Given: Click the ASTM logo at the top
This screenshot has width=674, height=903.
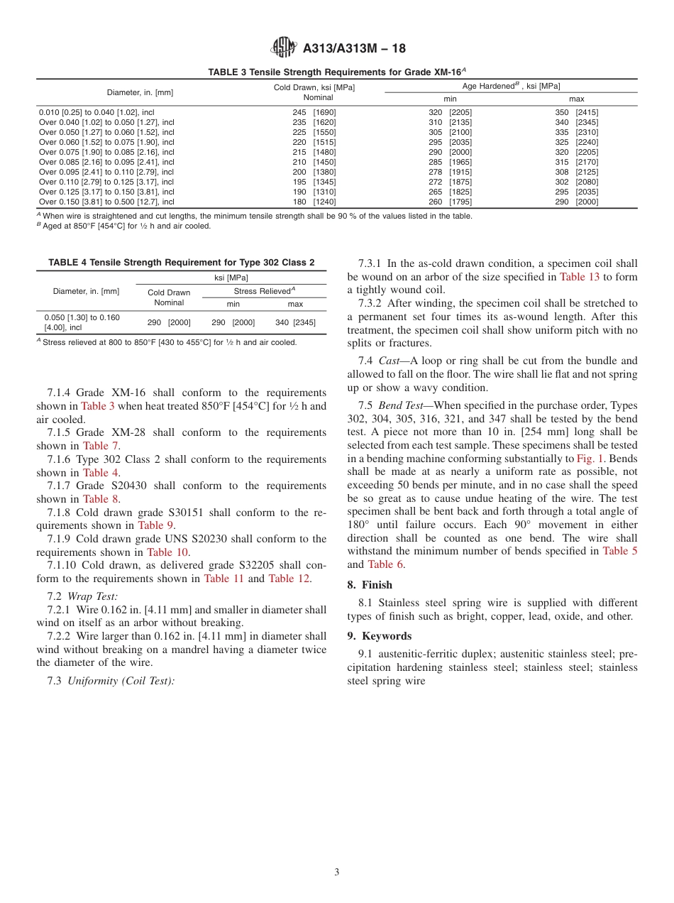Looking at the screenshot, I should [x=284, y=48].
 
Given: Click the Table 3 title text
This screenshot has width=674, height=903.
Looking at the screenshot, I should [x=336, y=72].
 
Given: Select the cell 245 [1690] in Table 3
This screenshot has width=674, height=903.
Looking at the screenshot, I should [x=314, y=112].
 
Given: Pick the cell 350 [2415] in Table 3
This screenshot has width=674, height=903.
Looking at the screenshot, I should [x=576, y=112].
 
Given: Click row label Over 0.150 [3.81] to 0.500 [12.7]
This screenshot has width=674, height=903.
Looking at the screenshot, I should [x=106, y=202].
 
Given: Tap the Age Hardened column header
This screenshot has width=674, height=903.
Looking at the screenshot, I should [x=511, y=86].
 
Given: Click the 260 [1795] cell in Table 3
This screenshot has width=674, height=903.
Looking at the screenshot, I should [x=450, y=202].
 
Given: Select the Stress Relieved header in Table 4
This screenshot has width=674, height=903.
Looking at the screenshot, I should [x=264, y=291].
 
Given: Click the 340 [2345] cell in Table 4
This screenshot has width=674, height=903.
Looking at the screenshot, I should [x=295, y=322].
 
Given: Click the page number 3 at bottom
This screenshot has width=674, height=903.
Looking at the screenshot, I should [x=337, y=872].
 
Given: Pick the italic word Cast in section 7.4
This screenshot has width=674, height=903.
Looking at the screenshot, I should [x=389, y=361].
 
